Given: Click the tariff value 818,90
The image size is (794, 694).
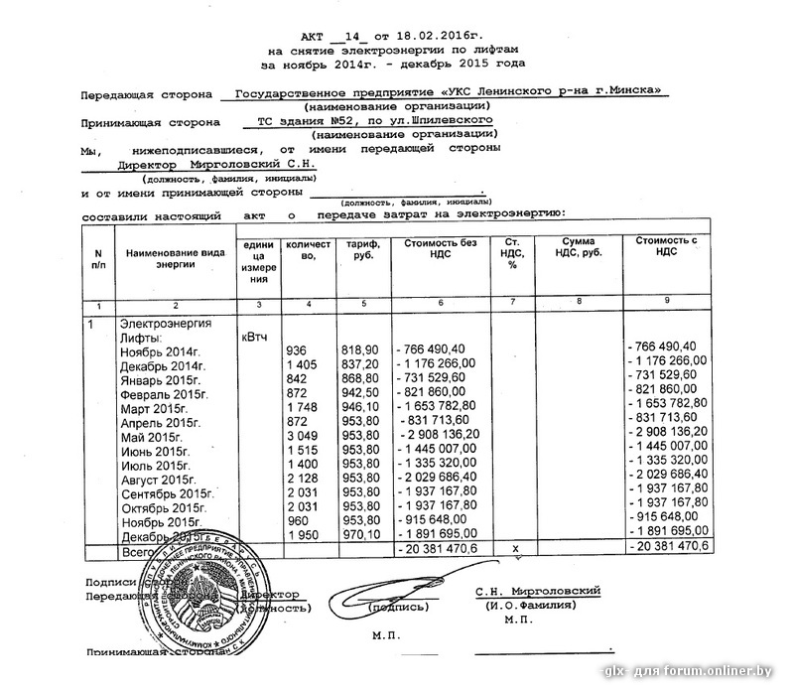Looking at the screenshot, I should (x=359, y=351).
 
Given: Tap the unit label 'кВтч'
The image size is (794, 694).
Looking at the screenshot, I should (x=255, y=338).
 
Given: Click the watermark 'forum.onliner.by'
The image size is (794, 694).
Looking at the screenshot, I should (x=729, y=674).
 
